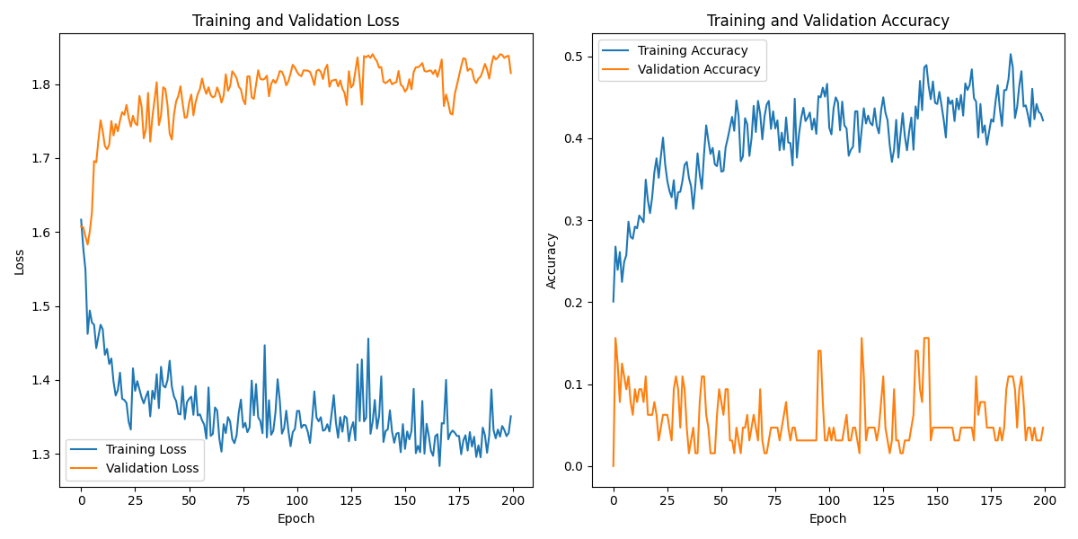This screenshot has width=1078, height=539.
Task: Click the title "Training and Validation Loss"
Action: pos(296,21)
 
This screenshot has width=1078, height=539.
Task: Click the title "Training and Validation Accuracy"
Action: pos(827,21)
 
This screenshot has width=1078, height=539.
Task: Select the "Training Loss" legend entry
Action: pos(146,449)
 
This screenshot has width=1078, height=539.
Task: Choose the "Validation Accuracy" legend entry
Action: pos(698,69)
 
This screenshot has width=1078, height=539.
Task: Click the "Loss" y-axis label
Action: pos(19,261)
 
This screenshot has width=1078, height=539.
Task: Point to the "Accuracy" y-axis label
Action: pos(552,261)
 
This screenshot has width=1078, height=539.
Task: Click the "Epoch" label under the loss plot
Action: pos(296,518)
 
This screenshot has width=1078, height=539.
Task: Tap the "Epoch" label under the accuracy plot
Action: pos(827,518)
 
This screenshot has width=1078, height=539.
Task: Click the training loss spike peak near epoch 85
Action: pos(264,345)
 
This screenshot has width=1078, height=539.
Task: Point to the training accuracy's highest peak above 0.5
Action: pos(1010,54)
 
